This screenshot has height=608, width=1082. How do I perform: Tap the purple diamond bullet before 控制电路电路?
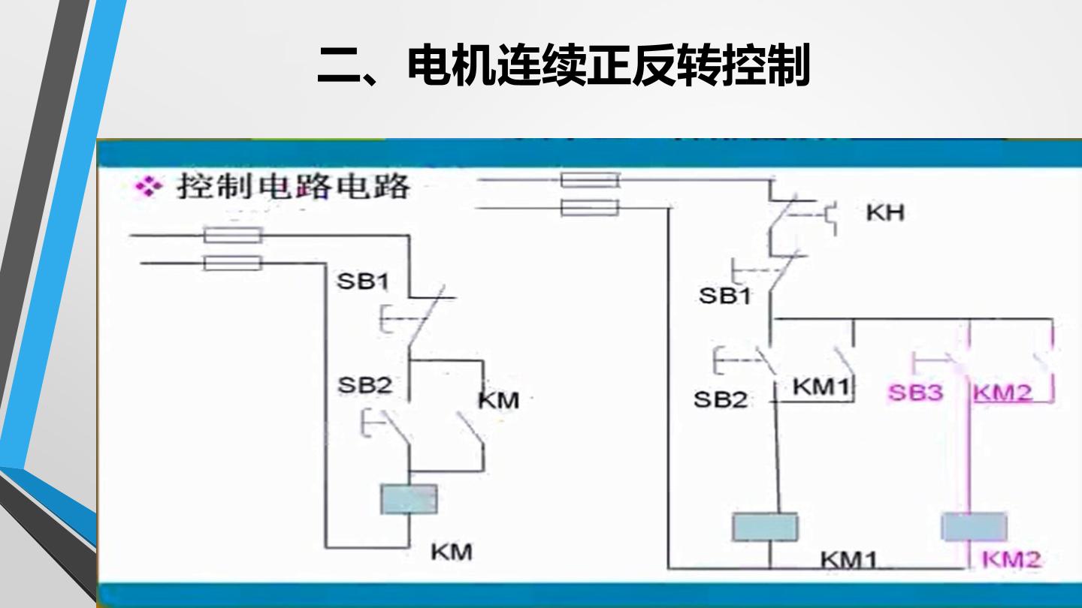point(149,187)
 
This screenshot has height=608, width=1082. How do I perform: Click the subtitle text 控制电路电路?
point(294,186)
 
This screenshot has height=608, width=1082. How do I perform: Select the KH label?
point(885,212)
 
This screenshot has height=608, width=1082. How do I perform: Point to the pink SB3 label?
point(915,393)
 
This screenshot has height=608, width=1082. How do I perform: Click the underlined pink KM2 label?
point(1002,393)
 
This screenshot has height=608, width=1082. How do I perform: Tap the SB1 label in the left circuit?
point(363,281)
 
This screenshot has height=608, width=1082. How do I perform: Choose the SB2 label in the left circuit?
point(364,385)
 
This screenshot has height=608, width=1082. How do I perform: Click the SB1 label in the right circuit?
point(725,296)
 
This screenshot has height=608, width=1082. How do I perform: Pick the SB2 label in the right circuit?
point(720,399)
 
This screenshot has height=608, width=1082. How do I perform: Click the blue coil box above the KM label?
point(409,499)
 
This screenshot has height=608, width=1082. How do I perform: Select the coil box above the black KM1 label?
point(765,526)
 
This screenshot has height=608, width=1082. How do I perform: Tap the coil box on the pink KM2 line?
point(975,526)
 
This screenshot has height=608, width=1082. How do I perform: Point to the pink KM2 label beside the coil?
point(1011,560)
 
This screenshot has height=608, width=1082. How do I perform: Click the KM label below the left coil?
point(451,552)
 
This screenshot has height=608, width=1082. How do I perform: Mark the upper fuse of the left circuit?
point(233,236)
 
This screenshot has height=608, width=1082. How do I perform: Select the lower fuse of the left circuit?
point(233,263)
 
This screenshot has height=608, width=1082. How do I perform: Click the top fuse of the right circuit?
point(590,180)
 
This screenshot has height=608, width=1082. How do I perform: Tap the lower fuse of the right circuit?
point(590,208)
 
